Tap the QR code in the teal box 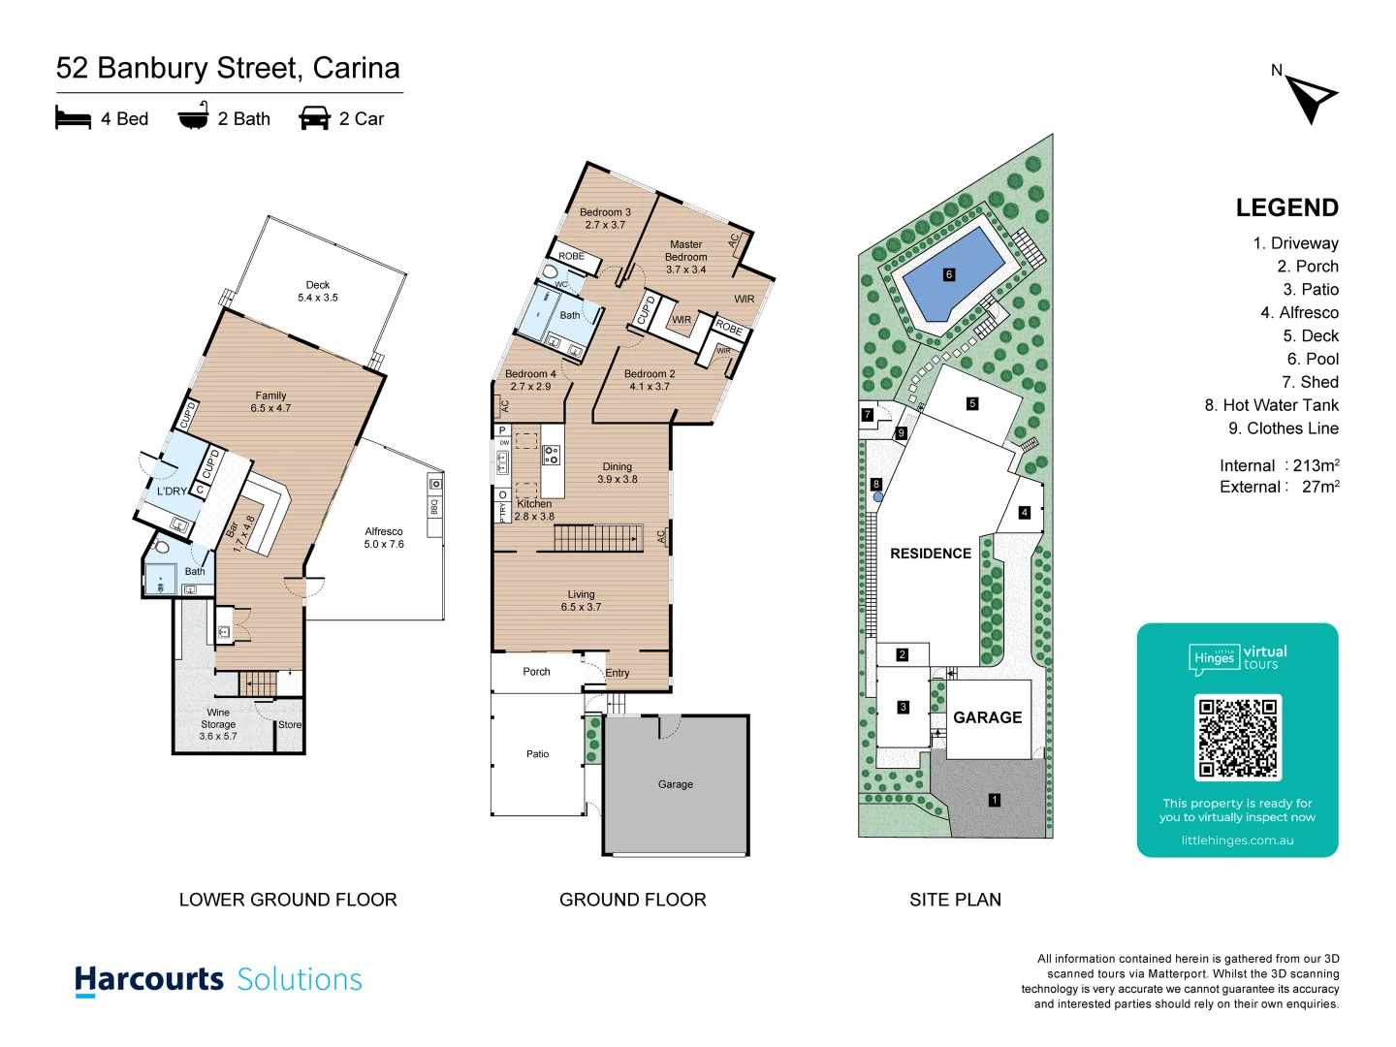1238,738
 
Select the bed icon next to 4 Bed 74,118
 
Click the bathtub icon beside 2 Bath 193,118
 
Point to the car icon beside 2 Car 314,118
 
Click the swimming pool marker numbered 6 949,274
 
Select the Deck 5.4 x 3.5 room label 318,292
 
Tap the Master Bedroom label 685,257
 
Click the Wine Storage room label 218,724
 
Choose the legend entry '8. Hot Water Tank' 1271,405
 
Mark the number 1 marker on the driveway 994,800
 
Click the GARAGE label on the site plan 987,717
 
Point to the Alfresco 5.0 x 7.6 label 384,538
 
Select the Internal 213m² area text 1279,465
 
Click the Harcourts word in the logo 149,979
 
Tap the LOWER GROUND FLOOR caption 288,900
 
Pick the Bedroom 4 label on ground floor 530,380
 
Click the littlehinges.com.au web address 1237,841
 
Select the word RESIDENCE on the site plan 930,554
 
